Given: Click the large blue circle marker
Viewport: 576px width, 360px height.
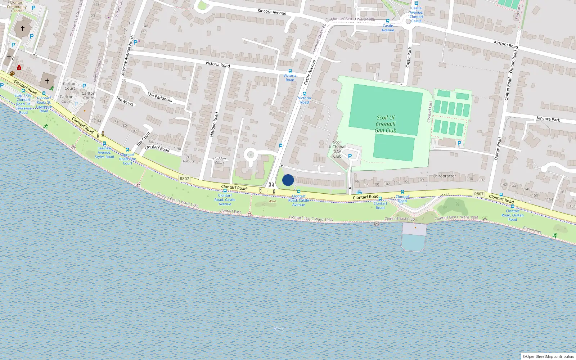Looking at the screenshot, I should coord(288,180).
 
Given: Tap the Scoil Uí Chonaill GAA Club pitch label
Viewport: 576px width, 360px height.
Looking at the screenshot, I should coord(386,124).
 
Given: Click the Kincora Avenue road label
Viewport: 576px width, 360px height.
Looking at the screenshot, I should coord(272,12).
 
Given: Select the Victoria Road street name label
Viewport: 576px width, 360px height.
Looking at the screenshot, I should coord(217,64).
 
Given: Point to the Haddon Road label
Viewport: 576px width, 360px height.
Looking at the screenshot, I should coord(214,125).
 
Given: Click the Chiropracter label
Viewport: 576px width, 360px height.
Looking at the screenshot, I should coord(444,176).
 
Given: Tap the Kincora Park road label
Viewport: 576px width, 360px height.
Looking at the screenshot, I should coord(548,119).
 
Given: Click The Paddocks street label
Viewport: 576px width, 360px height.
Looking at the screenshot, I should coord(160,97).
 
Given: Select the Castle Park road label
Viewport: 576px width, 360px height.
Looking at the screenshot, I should coord(409,57).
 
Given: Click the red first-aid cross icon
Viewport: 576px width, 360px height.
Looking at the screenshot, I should coord(19,67).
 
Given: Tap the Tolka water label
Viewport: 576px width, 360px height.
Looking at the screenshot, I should coord(279,329).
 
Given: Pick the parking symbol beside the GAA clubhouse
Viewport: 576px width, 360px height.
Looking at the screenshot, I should coord(350,156).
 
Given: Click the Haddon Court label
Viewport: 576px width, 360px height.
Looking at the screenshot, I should coord(219,161).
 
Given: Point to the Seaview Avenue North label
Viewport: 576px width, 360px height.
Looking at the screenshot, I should coord(127,56).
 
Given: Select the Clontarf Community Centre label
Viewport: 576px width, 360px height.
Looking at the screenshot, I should coord(17,6).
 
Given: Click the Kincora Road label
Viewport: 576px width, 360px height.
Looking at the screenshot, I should coord(506,44).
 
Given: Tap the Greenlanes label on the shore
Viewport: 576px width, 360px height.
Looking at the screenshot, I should coord(532,230).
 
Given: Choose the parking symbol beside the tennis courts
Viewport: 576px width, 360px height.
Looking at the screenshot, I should coord(459,143).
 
